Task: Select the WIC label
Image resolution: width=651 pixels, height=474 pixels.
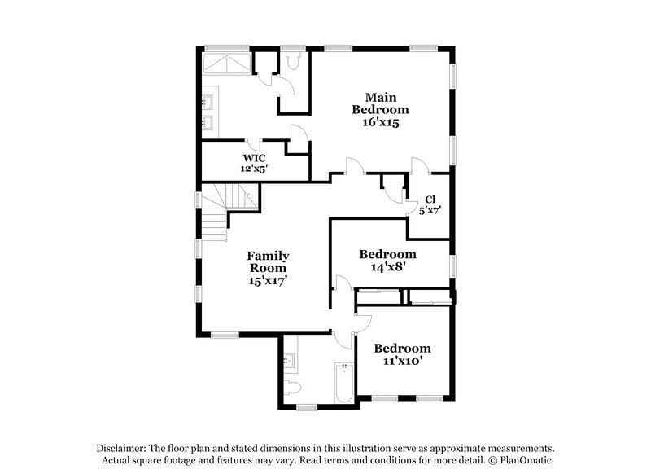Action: click(254, 157)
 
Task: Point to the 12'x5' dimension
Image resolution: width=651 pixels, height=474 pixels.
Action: click(254, 169)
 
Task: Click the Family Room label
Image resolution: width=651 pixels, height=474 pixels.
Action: click(269, 261)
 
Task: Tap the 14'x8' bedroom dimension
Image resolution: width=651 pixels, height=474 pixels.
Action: click(387, 266)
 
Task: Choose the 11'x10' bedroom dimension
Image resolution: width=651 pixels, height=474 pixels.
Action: click(402, 360)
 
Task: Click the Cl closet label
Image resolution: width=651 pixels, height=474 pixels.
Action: click(430, 199)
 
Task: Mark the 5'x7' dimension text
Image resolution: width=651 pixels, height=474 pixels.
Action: click(430, 210)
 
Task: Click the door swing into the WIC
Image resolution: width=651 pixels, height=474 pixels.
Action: click(299, 139)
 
